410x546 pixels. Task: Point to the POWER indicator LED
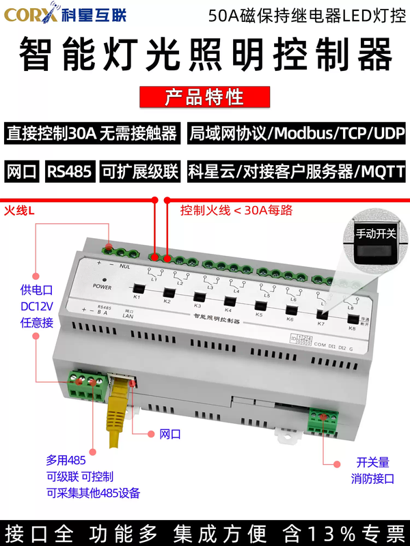pyautogui.click(x=104, y=279)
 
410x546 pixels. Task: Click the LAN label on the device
pyautogui.click(x=126, y=316)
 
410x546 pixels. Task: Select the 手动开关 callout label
pyautogui.click(x=375, y=233)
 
